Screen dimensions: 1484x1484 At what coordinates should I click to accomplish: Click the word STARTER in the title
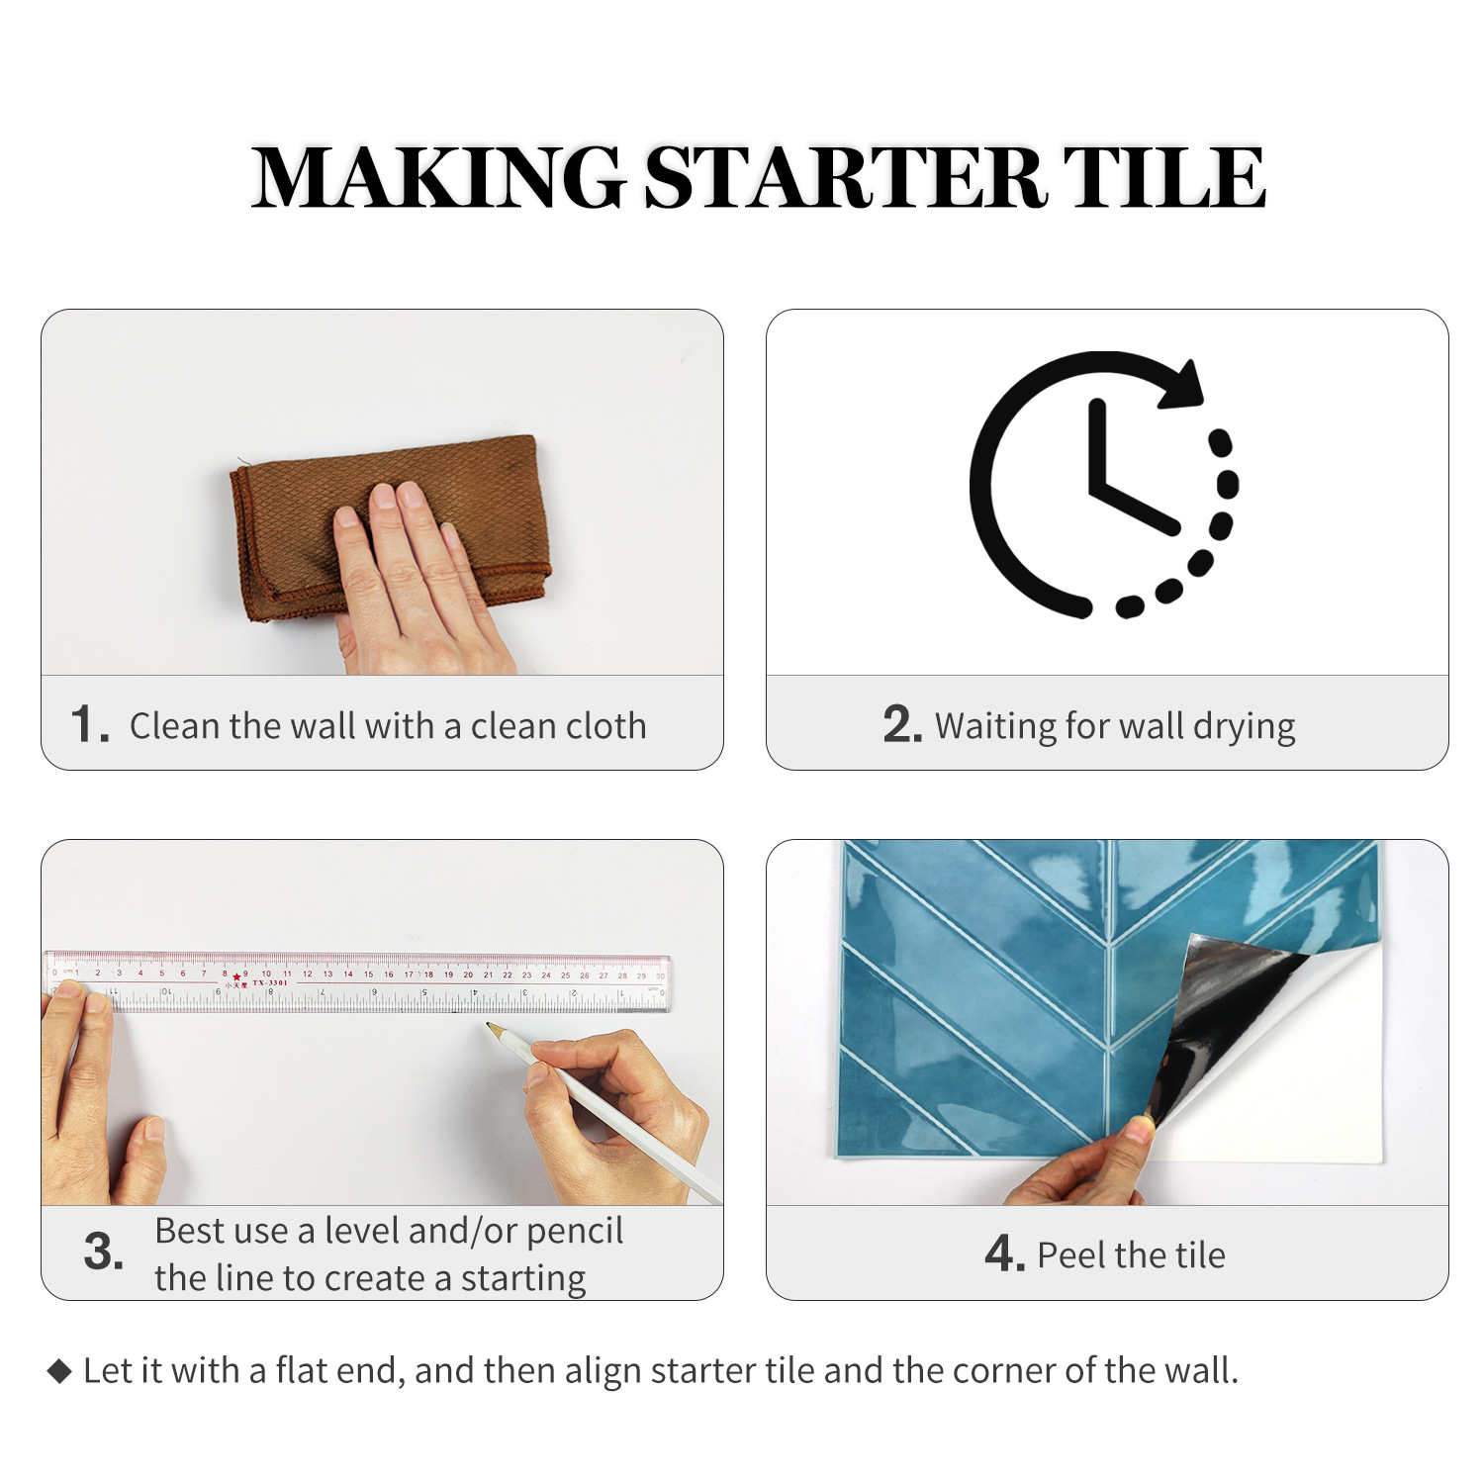tap(845, 178)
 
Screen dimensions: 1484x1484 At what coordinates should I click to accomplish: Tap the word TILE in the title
tap(1164, 178)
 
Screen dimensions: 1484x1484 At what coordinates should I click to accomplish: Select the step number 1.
tap(89, 724)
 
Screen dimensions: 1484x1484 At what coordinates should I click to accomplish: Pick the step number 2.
tap(902, 724)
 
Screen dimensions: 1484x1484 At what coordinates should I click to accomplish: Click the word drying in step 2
tap(1244, 727)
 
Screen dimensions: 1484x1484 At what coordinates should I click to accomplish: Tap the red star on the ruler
tap(236, 977)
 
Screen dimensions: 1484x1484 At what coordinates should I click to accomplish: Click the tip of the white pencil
tap(487, 1026)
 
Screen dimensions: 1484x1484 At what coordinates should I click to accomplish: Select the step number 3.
tap(104, 1252)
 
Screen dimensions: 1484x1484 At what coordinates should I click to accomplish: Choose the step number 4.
tap(1005, 1253)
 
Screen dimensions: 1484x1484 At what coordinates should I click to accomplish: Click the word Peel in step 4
tap(1069, 1255)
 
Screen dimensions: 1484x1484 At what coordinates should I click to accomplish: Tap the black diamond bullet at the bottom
tap(60, 1371)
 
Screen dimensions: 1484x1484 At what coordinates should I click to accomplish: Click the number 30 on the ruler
tap(660, 975)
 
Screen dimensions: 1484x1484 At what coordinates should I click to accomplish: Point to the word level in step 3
tap(362, 1231)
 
